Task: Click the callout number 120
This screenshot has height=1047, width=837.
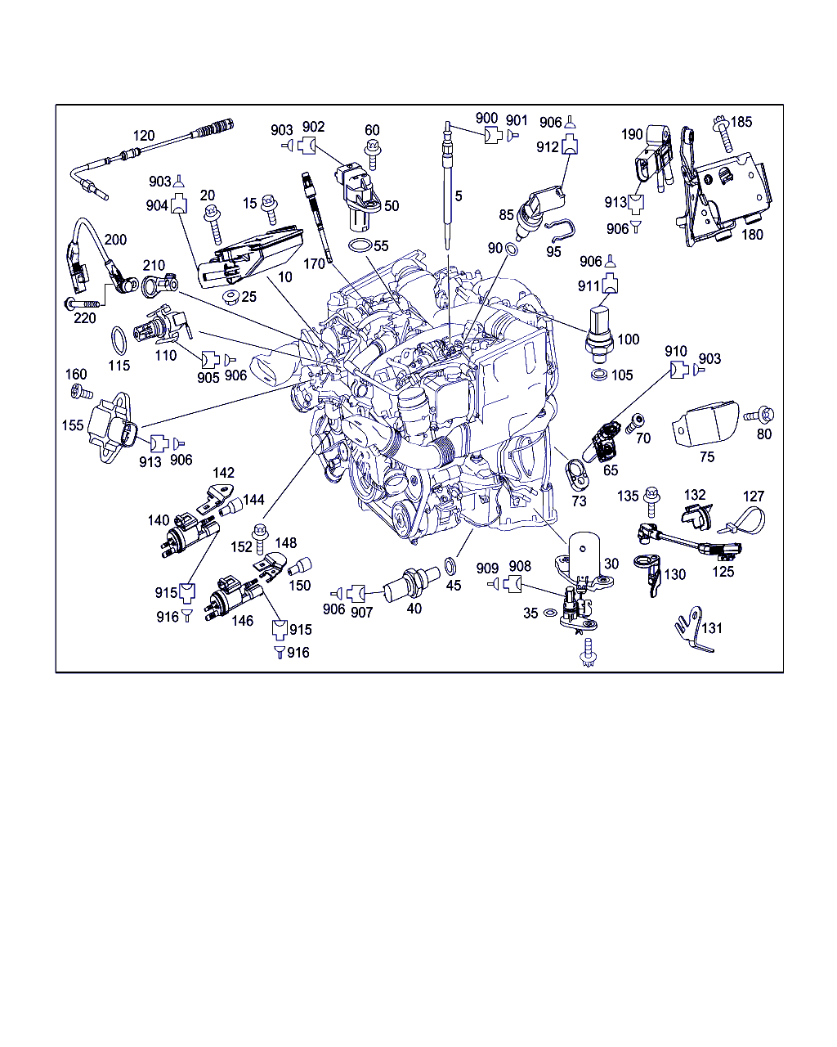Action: click(144, 136)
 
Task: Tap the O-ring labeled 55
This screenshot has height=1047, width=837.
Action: click(360, 245)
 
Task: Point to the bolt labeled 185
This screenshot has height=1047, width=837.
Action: click(723, 133)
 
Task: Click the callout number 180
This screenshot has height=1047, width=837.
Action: click(752, 235)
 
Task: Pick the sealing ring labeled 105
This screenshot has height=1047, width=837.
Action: click(599, 375)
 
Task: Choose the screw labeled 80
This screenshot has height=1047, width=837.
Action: click(759, 415)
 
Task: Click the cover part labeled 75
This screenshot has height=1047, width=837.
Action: click(705, 424)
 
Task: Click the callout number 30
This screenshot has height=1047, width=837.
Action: click(611, 564)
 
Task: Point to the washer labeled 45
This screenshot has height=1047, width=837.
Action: click(450, 567)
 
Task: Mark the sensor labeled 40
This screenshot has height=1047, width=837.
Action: click(411, 586)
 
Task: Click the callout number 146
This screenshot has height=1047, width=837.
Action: click(242, 621)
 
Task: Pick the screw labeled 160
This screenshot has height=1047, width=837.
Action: click(82, 391)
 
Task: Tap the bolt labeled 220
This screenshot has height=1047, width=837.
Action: click(83, 304)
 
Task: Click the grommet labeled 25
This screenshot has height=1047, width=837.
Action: click(231, 297)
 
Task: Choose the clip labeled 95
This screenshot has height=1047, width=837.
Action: click(560, 231)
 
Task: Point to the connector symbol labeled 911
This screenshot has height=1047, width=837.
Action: click(610, 284)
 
